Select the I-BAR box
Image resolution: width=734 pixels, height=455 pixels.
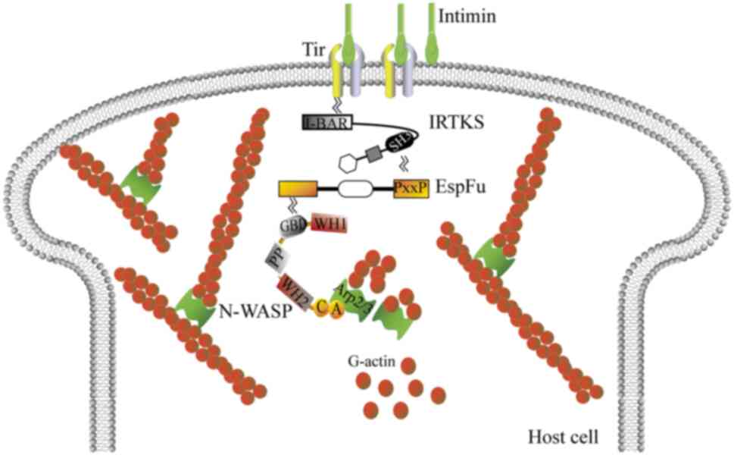(x=326, y=121)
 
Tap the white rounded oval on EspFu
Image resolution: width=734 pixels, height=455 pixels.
(x=356, y=189)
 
